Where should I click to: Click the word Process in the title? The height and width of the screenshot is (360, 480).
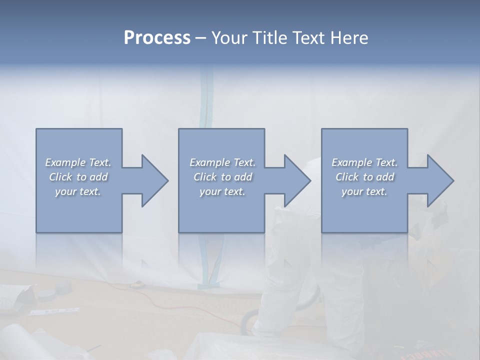pos(157,38)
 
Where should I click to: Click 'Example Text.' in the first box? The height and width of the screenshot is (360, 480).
pos(78,162)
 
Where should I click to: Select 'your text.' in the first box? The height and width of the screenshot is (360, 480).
pos(78,191)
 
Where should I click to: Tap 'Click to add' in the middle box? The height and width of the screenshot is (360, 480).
pos(222,177)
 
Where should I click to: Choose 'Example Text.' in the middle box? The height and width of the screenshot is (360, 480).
pos(222,162)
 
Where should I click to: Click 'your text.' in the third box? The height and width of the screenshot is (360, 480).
pos(364,191)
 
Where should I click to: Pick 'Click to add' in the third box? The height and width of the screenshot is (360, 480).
pos(364,177)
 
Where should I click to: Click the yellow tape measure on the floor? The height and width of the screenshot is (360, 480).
pos(135,284)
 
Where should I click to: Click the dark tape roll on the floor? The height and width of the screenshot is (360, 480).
pos(64,287)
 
